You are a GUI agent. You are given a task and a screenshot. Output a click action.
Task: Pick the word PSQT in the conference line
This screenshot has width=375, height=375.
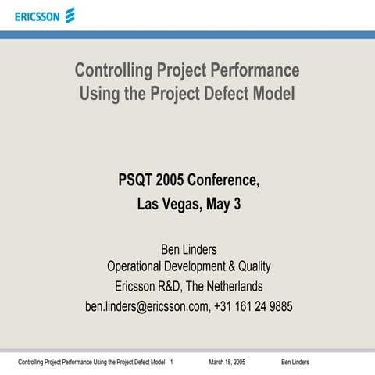click(x=134, y=181)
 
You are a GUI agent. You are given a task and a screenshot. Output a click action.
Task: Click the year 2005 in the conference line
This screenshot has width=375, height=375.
click(x=172, y=181)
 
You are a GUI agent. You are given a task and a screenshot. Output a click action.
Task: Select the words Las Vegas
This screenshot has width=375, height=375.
click(x=166, y=206)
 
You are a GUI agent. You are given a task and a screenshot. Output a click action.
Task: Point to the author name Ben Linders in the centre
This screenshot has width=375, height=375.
click(x=187, y=250)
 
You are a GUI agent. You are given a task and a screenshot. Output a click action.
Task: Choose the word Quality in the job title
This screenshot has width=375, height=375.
click(x=251, y=267)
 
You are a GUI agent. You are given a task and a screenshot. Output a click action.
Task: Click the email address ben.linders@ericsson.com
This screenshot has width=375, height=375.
click(x=147, y=306)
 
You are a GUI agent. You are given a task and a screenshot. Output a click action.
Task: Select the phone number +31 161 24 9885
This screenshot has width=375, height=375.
click(x=254, y=306)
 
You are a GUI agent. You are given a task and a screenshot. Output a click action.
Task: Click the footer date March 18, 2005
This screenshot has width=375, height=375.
click(x=227, y=362)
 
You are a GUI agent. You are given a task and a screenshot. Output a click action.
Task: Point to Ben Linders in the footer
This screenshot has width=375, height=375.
click(x=295, y=362)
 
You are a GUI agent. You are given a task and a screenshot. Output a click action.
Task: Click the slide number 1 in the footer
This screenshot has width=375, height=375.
click(x=171, y=362)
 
